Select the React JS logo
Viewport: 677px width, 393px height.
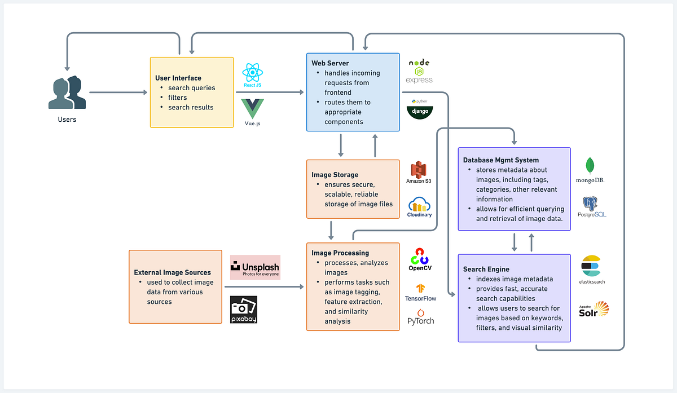(253, 76)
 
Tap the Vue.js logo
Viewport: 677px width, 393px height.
(252, 110)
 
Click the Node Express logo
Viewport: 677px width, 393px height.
(419, 71)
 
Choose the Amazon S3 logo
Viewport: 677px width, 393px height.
(419, 172)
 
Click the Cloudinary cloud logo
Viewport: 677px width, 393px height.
(419, 207)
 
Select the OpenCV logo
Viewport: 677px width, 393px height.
(420, 259)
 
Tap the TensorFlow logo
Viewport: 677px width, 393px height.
(420, 292)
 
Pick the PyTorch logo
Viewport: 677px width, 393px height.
(420, 317)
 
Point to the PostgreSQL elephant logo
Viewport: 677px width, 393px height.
(590, 206)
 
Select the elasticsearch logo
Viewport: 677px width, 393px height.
(591, 269)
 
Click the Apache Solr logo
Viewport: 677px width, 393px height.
(594, 310)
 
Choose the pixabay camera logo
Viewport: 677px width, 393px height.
(244, 310)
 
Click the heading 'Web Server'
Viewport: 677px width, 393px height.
(330, 63)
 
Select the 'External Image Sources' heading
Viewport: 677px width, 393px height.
(172, 272)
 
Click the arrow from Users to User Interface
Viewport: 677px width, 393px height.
(118, 92)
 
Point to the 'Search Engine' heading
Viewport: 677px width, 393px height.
(486, 269)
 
